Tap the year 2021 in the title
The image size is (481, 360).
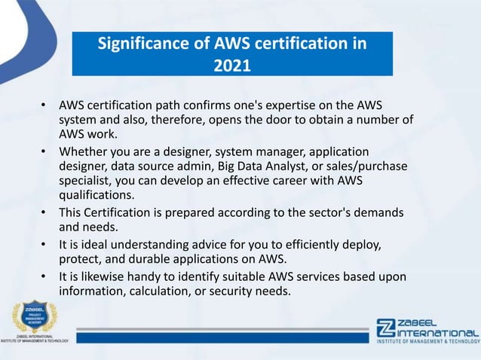(232, 67)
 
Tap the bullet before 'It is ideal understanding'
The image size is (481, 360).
(44, 244)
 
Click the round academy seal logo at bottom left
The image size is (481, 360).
(35, 319)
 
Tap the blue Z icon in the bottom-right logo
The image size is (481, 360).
(384, 329)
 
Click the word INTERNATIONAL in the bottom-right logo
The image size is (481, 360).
(437, 332)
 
